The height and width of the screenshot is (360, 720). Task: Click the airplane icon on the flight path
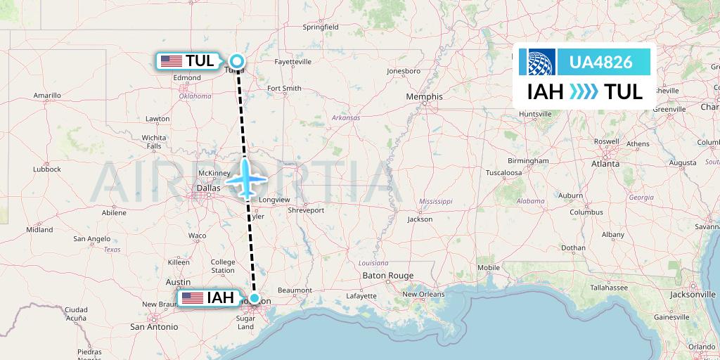pos(246,179)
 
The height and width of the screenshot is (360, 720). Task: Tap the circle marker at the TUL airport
pos(238,61)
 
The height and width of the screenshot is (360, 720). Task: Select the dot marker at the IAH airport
pos(254,298)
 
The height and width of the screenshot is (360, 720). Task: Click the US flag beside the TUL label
pos(171,61)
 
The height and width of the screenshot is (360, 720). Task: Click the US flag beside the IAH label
pos(192,298)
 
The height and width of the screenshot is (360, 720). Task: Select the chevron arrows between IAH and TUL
pos(584,92)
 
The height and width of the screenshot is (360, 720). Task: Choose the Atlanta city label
pos(605,164)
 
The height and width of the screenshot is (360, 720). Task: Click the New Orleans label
pos(424,294)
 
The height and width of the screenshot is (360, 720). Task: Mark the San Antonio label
pos(153,326)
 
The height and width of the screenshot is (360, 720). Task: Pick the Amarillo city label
pos(47,95)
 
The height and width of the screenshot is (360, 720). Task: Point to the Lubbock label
pos(46,169)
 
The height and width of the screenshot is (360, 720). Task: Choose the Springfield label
pos(321,27)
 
